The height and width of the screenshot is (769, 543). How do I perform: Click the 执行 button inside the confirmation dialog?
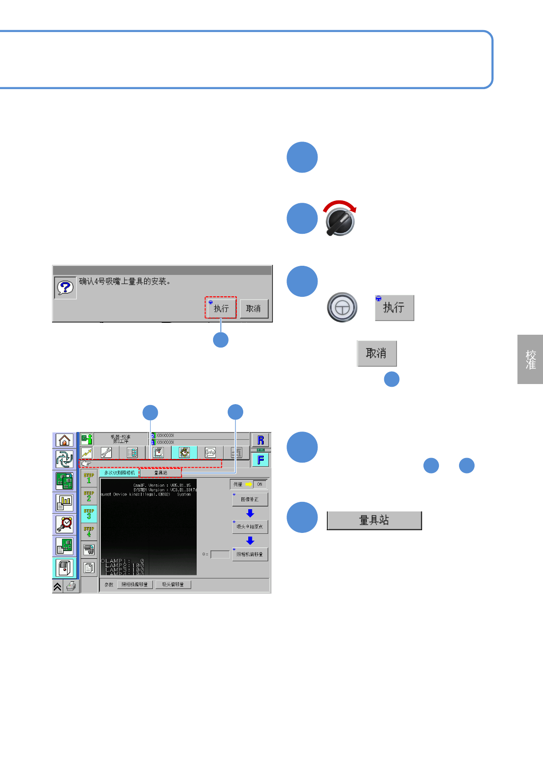(221, 308)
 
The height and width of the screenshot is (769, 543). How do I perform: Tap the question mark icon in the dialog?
(65, 288)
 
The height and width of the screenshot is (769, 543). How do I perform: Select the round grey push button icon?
(342, 307)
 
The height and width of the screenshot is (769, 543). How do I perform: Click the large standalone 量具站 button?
(374, 520)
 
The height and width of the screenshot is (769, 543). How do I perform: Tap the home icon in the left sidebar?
(64, 440)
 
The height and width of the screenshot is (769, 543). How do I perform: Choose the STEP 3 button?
(89, 514)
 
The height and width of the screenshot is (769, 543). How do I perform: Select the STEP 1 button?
(89, 478)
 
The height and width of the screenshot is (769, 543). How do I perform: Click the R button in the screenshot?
(261, 440)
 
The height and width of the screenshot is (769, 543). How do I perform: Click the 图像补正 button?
(250, 499)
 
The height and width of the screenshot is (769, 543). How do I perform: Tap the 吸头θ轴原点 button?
(250, 527)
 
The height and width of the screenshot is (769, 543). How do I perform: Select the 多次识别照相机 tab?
(120, 473)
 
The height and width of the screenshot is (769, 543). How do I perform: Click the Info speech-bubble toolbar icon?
(210, 453)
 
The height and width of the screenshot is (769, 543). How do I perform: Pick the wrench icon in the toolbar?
(106, 453)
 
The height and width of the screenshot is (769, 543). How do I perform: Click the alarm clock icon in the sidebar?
(64, 524)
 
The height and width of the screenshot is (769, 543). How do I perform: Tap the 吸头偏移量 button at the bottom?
(173, 585)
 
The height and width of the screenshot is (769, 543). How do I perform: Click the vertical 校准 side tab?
(530, 359)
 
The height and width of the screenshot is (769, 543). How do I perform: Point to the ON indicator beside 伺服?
(260, 484)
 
